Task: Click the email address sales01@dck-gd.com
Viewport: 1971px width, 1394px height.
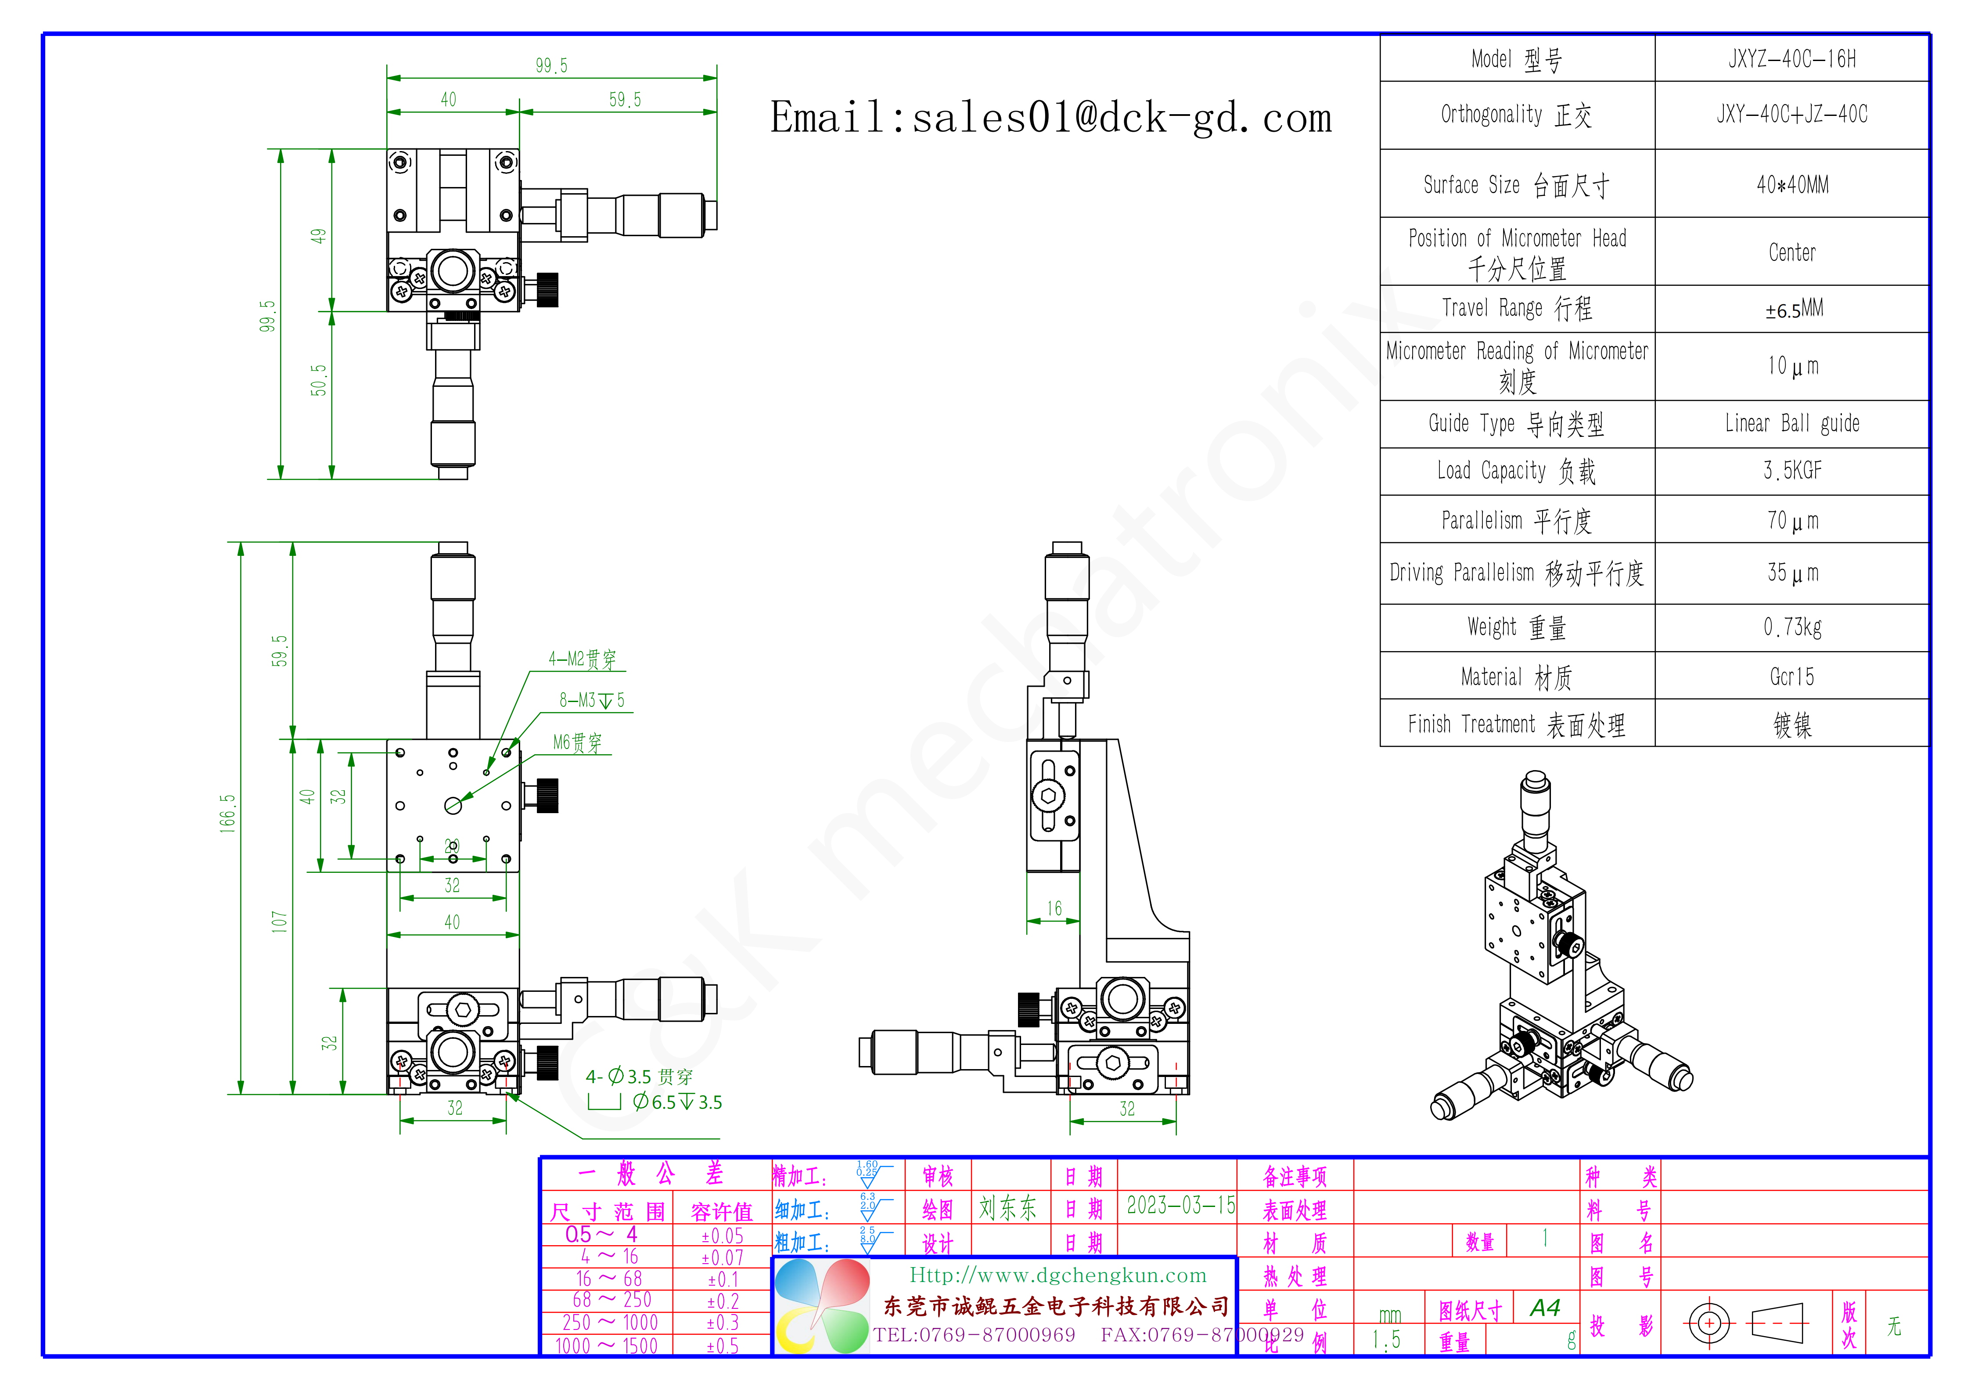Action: click(x=1051, y=118)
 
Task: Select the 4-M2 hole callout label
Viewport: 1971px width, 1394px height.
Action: click(x=582, y=659)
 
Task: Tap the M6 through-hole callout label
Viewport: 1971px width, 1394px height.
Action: click(x=577, y=742)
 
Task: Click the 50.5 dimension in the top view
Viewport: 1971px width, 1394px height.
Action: click(x=319, y=380)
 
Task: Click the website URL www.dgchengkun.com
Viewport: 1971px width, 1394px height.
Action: click(x=1057, y=1275)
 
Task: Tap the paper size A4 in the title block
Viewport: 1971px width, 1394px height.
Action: click(x=1544, y=1308)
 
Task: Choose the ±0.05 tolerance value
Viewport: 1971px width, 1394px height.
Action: click(x=722, y=1236)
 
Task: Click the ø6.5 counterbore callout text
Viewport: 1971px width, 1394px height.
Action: click(x=677, y=1102)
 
